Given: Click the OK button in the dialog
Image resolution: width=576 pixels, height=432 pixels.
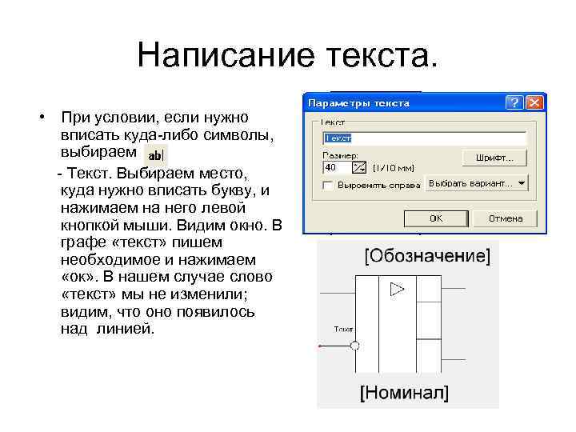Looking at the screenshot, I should click(x=435, y=218).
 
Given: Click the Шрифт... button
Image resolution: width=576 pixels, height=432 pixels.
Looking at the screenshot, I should click(x=494, y=158).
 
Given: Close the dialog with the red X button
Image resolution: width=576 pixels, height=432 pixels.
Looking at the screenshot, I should click(x=535, y=103).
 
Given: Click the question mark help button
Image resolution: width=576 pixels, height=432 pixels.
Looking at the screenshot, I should click(x=516, y=103).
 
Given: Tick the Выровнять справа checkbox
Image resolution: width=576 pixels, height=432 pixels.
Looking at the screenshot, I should click(x=327, y=185).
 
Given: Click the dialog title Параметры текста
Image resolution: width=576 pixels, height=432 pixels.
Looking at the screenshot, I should click(x=359, y=103).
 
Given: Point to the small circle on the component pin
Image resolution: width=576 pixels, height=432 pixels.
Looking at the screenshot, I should click(x=355, y=346).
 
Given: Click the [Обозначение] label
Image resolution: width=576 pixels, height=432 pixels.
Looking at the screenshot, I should click(x=427, y=257).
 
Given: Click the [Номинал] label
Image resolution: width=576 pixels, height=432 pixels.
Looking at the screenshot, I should click(x=403, y=393).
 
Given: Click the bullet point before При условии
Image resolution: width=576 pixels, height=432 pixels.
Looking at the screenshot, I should click(x=41, y=118).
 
